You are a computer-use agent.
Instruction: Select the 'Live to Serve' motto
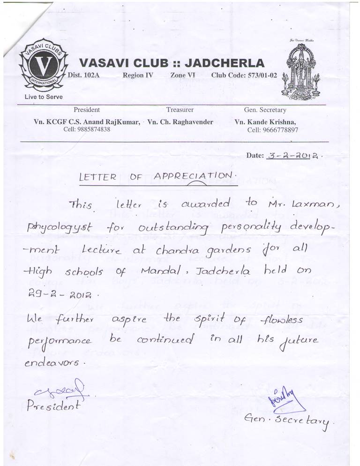[x=40, y=97]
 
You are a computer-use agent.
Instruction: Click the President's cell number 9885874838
[x=87, y=129]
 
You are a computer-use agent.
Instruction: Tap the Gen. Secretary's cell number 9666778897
[x=272, y=130]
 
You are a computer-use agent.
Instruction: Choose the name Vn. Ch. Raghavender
[x=180, y=122]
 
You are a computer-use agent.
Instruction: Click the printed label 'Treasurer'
[x=180, y=110]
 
